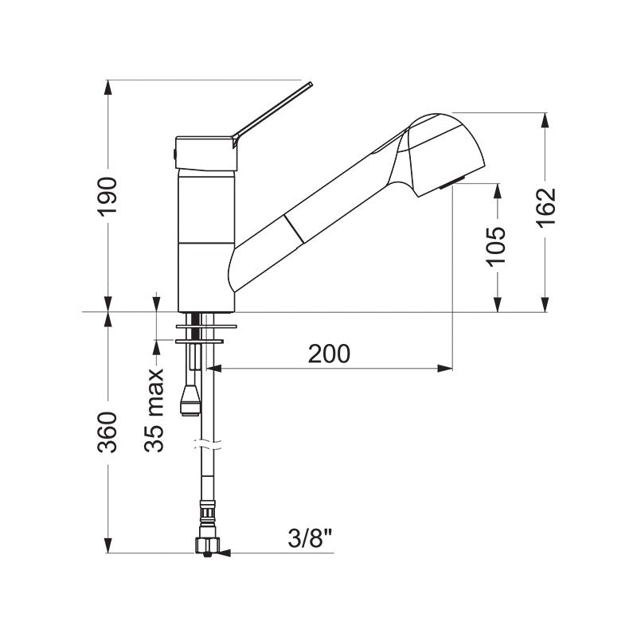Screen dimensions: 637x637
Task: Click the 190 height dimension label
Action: pos(108,196)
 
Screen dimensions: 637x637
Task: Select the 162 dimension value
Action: pos(545,208)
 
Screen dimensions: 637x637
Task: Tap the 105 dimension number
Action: pos(497,247)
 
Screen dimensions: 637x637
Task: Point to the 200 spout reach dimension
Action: pos(329,354)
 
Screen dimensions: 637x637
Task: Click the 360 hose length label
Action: pos(107,432)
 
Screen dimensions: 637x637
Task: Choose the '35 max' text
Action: pos(154,410)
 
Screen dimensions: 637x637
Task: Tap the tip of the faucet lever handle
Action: pos(311,84)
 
